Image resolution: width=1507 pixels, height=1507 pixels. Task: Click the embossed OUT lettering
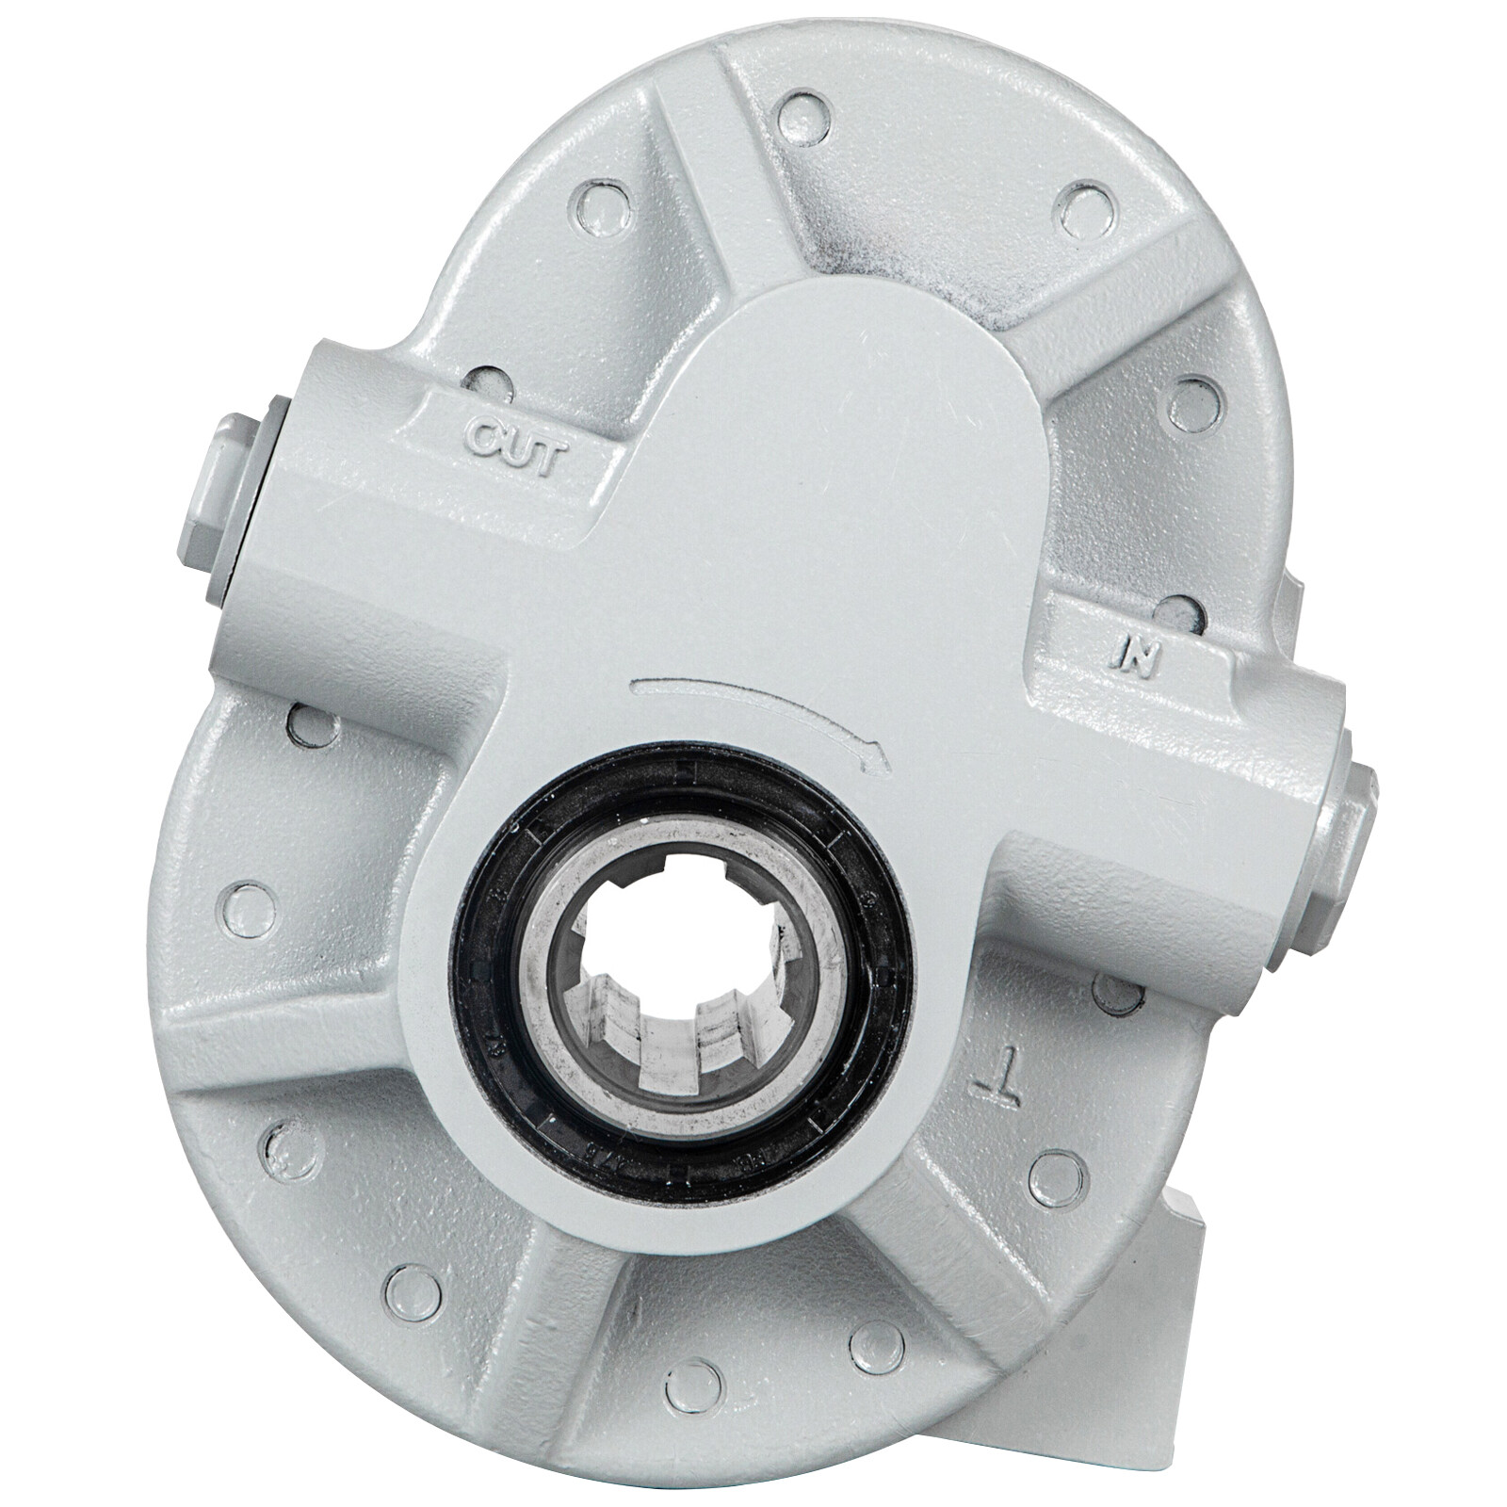pos(516,440)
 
